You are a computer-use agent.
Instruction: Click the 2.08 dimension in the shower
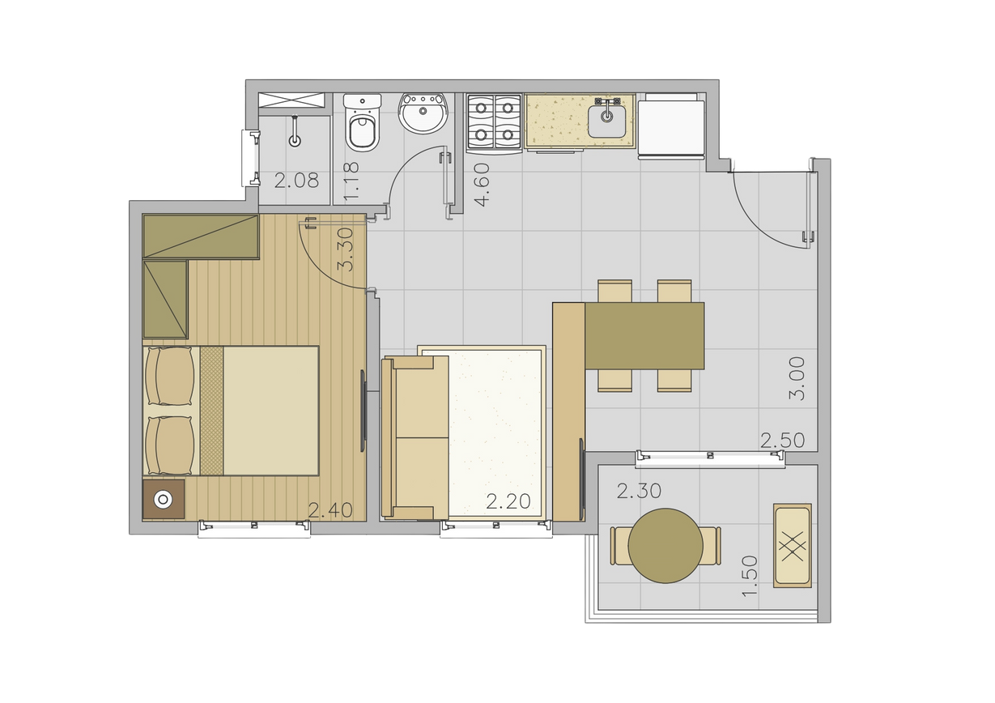click(x=296, y=181)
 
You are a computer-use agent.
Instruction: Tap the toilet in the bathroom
click(x=363, y=122)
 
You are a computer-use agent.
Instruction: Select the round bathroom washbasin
click(x=423, y=113)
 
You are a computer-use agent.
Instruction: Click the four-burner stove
click(x=494, y=122)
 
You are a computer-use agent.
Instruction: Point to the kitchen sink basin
click(x=606, y=121)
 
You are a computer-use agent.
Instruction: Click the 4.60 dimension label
click(x=482, y=185)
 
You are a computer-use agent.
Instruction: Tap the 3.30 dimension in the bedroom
click(x=345, y=249)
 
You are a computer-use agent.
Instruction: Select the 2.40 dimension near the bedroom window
click(x=330, y=510)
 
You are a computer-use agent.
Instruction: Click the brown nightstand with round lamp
click(x=164, y=499)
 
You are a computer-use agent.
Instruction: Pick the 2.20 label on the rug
click(x=508, y=501)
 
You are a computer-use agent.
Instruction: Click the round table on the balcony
click(x=665, y=545)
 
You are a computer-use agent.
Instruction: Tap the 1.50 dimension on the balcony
click(x=750, y=576)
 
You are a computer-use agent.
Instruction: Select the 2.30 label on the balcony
click(x=640, y=491)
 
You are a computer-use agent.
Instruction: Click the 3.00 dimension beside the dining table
click(x=797, y=378)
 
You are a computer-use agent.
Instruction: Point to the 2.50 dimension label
click(x=783, y=441)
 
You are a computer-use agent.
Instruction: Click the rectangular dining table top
click(x=644, y=335)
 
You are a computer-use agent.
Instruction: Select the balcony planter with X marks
click(x=793, y=545)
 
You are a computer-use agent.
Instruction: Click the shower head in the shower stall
click(x=295, y=132)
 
